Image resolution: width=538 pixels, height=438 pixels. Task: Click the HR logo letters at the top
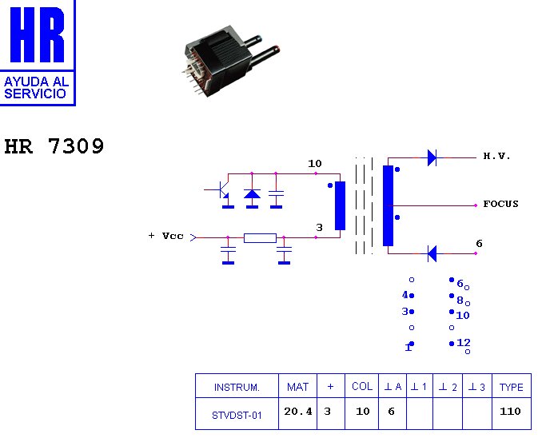coord(37,36)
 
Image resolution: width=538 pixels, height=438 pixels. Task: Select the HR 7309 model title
coord(54,147)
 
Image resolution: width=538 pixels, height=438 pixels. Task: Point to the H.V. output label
coord(496,157)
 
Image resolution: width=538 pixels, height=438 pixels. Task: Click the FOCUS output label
coord(500,204)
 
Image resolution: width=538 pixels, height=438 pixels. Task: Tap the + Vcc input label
coord(165,236)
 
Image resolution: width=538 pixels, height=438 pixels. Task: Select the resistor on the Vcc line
coord(260,237)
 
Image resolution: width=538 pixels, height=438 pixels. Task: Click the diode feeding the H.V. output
coord(432,157)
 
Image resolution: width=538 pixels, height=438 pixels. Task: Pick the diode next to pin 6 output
coord(432,253)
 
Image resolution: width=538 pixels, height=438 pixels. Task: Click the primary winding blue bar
coord(340,205)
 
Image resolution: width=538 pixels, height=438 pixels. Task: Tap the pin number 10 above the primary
coord(315,164)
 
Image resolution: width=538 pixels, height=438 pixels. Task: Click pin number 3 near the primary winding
coord(319,228)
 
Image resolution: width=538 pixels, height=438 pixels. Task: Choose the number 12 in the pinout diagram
coord(464,342)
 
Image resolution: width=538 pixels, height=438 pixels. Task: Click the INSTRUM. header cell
coord(237,387)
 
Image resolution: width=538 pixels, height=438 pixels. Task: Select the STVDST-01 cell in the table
coord(237,414)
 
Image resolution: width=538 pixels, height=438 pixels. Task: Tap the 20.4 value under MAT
coord(297,412)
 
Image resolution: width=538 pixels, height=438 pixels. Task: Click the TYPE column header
coord(511,387)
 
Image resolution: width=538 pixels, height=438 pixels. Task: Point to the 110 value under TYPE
coord(510,412)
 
